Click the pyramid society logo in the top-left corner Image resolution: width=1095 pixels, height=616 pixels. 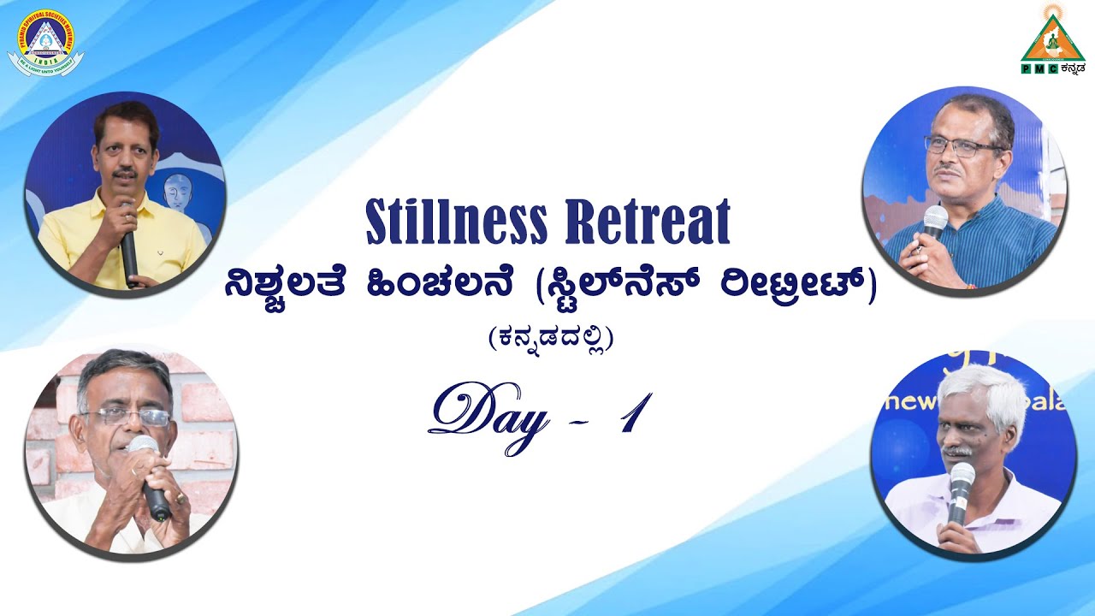45,40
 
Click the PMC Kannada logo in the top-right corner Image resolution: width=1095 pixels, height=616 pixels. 1051,39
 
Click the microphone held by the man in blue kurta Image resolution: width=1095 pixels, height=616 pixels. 934,222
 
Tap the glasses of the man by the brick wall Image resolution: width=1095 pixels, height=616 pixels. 128,417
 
